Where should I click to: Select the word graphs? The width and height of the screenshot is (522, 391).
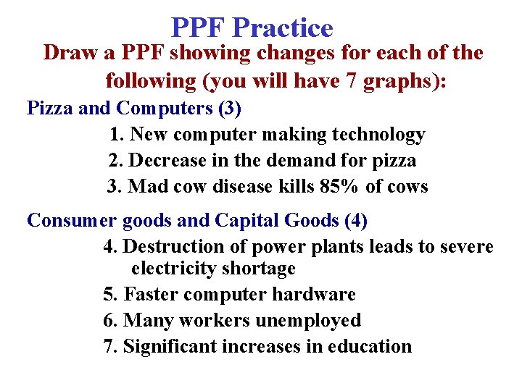(404, 81)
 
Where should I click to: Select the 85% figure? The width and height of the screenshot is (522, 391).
(339, 187)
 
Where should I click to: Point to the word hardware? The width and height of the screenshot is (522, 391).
(313, 295)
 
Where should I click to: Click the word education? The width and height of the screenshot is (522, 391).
(370, 347)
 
